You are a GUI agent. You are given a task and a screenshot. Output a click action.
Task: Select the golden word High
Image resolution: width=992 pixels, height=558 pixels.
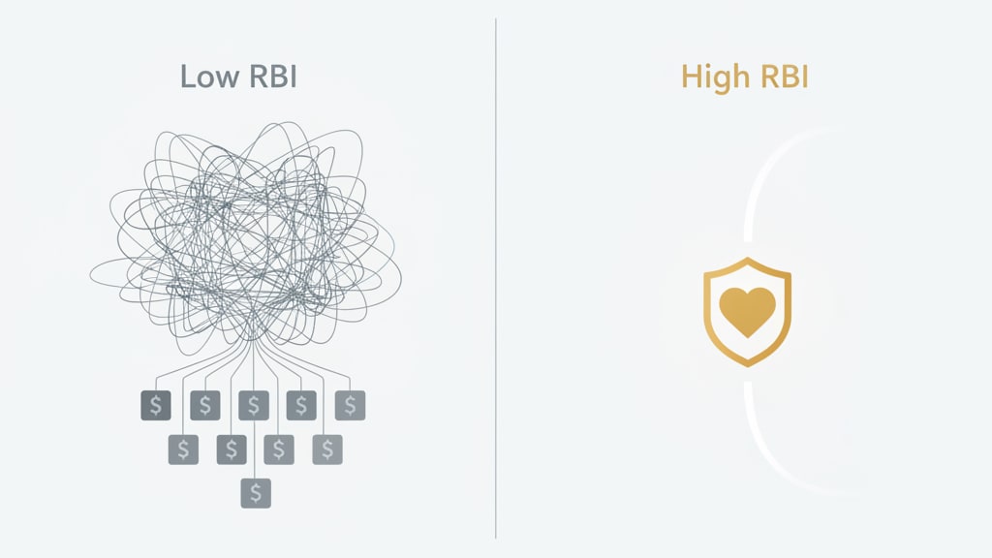coord(716,77)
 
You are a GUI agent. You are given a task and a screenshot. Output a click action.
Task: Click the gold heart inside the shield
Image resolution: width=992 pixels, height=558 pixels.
coord(747,311)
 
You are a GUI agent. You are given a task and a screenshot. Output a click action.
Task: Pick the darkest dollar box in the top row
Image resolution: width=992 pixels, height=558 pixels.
coord(156,405)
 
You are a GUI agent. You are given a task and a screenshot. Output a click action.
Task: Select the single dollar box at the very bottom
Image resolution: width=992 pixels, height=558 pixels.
coord(256,492)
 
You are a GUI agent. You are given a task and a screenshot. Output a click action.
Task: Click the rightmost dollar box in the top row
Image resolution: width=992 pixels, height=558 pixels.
coord(350,405)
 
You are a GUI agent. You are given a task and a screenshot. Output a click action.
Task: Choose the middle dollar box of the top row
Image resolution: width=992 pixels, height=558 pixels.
coord(254,405)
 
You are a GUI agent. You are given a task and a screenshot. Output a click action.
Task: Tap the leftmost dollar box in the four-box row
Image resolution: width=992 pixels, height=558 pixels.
coord(183,449)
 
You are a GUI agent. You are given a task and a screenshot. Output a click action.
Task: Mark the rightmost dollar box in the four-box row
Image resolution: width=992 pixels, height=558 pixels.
coord(327,449)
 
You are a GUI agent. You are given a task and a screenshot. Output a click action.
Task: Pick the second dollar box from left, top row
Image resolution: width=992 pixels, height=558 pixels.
coord(205,405)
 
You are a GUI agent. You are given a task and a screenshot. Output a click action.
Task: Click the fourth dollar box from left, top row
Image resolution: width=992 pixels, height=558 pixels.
coord(301,405)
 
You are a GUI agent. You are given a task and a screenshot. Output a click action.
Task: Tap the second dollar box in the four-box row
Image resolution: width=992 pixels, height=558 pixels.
coord(231,449)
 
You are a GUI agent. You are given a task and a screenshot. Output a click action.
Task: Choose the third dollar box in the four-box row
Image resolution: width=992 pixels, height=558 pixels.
coord(279,449)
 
